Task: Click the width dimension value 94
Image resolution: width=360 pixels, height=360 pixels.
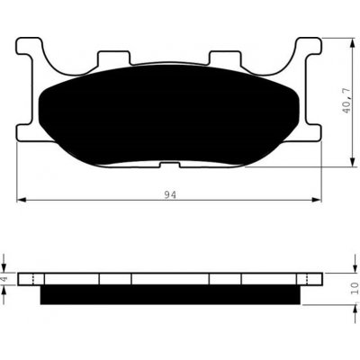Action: pos(171,193)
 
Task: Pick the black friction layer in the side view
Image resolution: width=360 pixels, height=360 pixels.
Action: pos(171,294)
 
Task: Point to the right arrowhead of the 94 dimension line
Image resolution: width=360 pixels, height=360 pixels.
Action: pos(319,199)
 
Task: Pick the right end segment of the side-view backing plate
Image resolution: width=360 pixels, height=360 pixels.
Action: pos(310,278)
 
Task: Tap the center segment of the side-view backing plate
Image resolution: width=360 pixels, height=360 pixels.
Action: pos(171,278)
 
